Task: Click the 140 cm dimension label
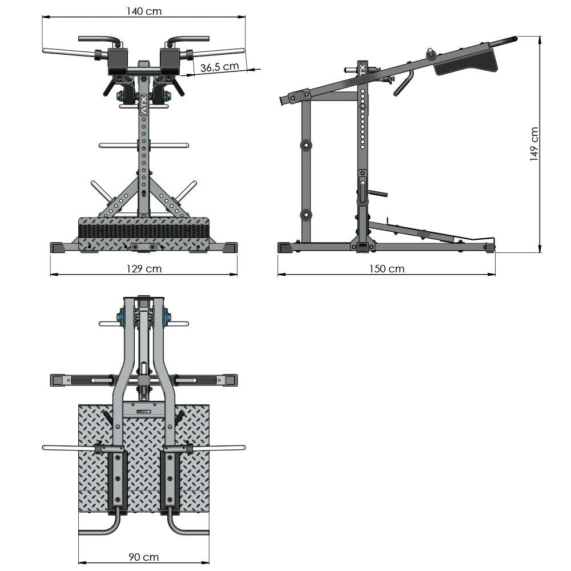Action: coord(143,10)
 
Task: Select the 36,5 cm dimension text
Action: coord(220,67)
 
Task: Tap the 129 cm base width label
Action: coord(144,268)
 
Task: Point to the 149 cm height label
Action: coord(534,144)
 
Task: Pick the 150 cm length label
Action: coord(387,268)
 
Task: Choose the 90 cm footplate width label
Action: coord(143,557)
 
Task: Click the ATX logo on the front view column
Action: coord(143,106)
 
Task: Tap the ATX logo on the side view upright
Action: coord(361,69)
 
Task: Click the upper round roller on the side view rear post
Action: coord(307,145)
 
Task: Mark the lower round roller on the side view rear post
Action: coord(307,215)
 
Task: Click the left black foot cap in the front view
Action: coord(58,248)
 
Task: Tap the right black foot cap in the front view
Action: coord(230,248)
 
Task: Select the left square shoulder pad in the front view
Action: coord(117,61)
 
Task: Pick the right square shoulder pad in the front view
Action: coord(170,61)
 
